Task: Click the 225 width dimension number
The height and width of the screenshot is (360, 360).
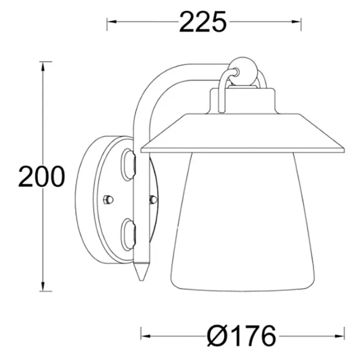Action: click(203, 22)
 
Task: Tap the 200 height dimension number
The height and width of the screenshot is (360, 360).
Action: click(41, 176)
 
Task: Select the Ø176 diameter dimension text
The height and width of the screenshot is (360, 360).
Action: click(241, 336)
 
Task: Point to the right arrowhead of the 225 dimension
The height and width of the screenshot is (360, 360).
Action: click(296, 22)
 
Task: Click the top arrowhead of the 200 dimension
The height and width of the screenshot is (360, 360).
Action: click(43, 67)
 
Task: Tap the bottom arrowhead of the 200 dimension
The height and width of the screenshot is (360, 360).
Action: click(43, 286)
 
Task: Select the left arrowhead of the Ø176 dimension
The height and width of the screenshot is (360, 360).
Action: click(146, 336)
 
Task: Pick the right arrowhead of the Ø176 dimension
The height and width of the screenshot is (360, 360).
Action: click(339, 336)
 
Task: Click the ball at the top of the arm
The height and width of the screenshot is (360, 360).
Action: click(244, 71)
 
